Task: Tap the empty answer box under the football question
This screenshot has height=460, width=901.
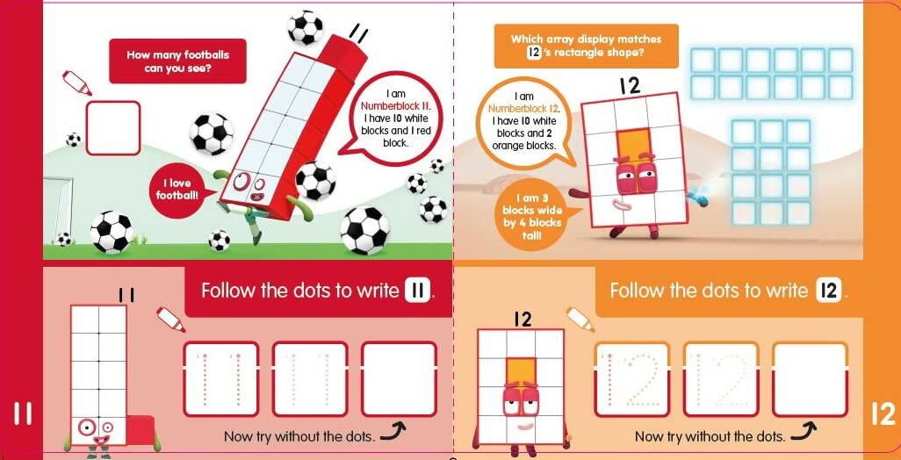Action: coord(112,128)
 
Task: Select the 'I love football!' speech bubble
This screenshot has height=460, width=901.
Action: coord(179,188)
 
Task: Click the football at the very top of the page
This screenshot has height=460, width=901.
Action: coord(305,27)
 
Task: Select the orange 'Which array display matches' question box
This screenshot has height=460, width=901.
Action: coord(586,46)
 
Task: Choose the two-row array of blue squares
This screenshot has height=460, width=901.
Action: coord(771,74)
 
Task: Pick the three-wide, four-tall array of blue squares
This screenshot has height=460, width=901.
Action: coord(771,172)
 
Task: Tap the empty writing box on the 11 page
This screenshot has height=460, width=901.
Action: coord(399,378)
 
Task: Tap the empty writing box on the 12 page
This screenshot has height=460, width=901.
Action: coord(809,378)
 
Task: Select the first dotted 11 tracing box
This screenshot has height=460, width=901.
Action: coord(220,378)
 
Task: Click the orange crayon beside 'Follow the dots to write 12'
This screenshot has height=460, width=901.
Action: coord(580,319)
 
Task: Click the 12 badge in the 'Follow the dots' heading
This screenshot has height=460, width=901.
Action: coord(828,291)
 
